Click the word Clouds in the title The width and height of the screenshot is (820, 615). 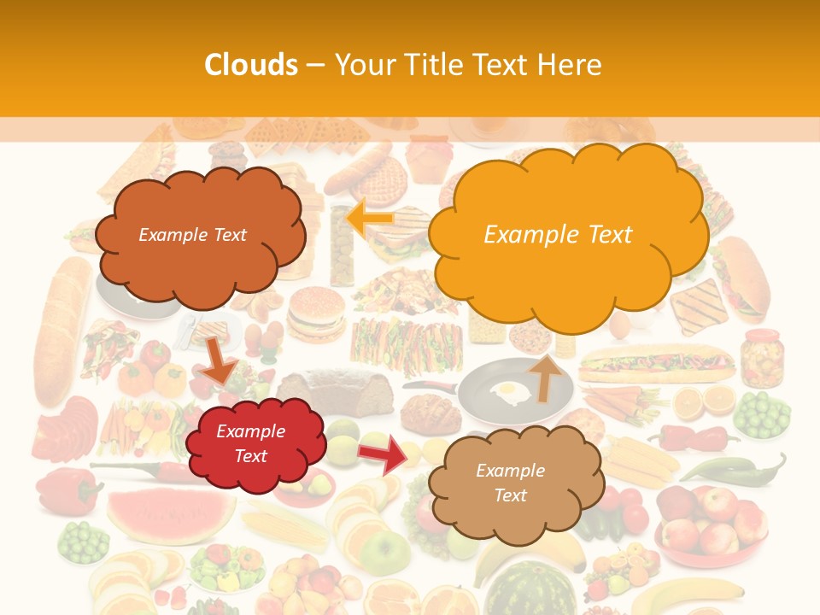tap(251, 65)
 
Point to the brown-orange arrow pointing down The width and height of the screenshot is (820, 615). tap(220, 360)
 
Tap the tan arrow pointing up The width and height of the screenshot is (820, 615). tap(544, 376)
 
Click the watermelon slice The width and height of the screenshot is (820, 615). tap(172, 512)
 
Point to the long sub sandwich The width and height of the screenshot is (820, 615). tap(656, 364)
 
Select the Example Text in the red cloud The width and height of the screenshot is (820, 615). tap(250, 443)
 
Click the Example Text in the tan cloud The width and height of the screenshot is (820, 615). tap(511, 483)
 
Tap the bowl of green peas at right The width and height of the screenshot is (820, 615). tap(762, 415)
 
